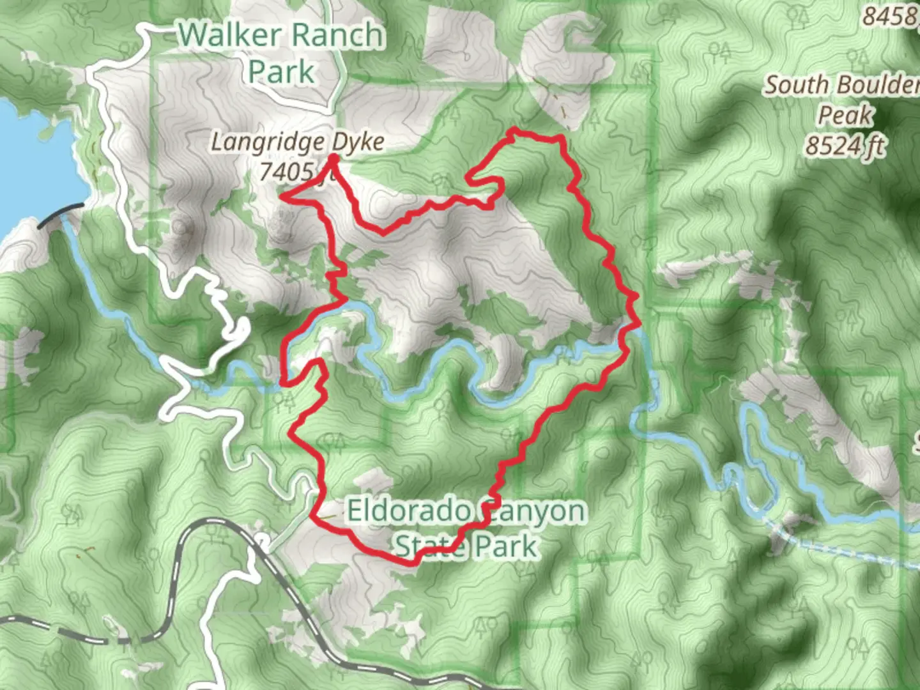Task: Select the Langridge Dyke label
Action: [298, 142]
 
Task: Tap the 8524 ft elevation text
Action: [845, 146]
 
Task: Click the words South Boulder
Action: [842, 84]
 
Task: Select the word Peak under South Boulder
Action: [845, 116]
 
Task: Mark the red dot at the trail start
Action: [333, 158]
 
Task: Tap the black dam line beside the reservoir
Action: [61, 213]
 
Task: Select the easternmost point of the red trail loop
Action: [638, 297]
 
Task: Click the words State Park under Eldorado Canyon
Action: [466, 546]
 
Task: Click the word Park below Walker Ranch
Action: [281, 71]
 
